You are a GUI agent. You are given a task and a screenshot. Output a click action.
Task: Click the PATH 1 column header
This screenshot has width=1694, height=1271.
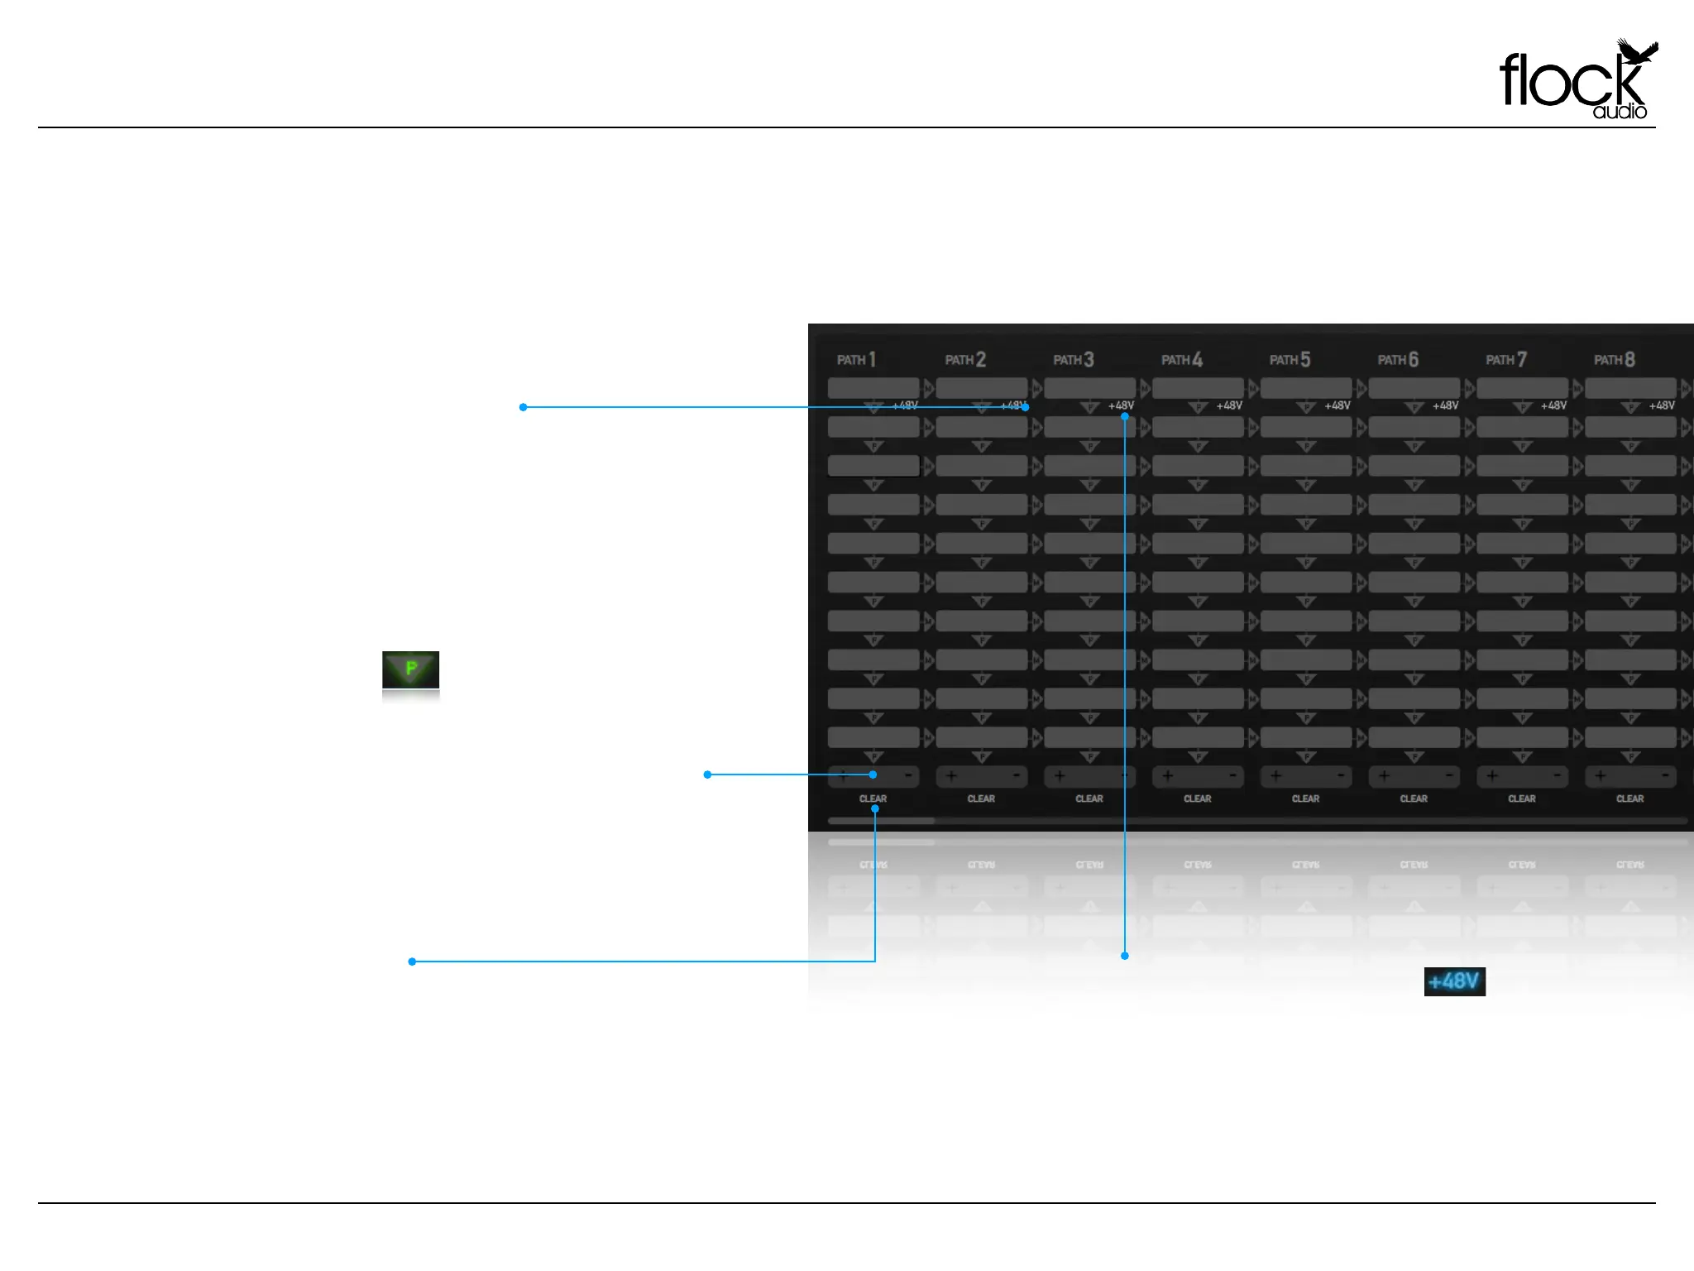(x=856, y=360)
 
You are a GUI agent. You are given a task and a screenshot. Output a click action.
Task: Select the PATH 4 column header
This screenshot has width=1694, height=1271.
(x=1181, y=360)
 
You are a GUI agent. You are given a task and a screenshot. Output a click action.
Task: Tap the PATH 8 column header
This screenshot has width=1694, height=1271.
(x=1614, y=360)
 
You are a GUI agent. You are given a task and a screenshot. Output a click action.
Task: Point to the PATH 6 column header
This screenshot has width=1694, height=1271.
(x=1398, y=360)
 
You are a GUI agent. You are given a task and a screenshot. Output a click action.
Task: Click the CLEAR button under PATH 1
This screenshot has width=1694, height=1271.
(x=873, y=799)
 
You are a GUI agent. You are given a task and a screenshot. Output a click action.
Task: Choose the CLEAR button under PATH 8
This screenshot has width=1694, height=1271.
(x=1629, y=799)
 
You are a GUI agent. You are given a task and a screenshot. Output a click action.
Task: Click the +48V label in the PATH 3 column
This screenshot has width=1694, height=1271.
(x=1121, y=405)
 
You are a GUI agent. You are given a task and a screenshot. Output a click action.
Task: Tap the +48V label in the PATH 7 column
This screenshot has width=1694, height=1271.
(x=1553, y=405)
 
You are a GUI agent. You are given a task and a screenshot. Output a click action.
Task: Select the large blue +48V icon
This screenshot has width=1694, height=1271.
(x=1454, y=981)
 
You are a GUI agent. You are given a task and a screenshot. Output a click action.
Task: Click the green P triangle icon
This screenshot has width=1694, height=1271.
(x=410, y=669)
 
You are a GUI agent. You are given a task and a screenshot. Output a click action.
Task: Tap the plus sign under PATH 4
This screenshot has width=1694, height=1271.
(x=1167, y=776)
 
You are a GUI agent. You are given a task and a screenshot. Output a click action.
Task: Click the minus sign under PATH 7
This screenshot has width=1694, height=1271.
(x=1557, y=776)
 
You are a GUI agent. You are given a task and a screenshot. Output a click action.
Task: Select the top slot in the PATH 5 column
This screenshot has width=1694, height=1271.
(x=1305, y=387)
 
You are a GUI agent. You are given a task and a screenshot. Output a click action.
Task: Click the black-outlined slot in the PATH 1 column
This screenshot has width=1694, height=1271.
(x=873, y=466)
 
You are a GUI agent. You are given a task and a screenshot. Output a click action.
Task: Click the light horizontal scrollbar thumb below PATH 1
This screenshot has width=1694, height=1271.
(x=881, y=821)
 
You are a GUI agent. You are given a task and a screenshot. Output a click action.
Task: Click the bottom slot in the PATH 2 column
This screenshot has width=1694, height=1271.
(x=981, y=736)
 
